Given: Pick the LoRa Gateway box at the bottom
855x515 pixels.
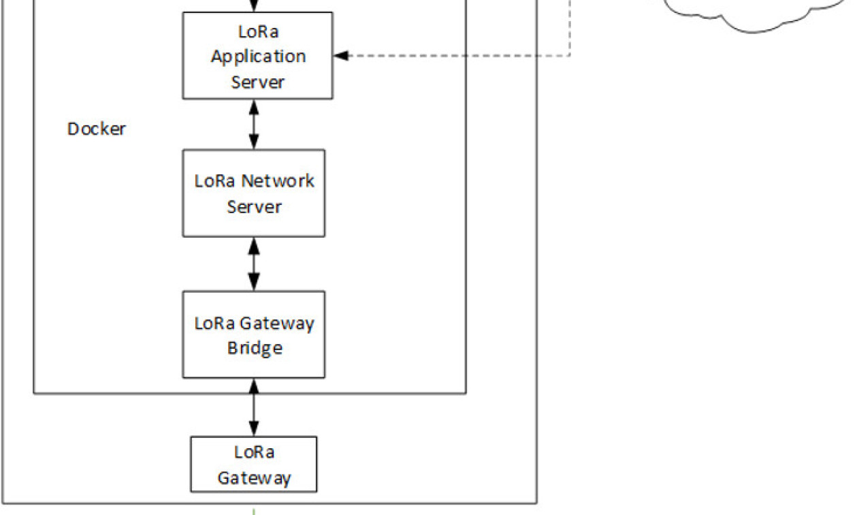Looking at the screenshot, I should tap(254, 465).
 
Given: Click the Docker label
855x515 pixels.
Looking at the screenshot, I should tap(96, 129).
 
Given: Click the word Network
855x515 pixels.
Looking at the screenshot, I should tap(278, 181).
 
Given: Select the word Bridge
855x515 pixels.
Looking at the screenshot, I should tap(254, 348).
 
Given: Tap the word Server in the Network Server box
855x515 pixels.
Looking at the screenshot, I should tap(254, 206).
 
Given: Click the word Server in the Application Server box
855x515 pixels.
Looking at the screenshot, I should tap(257, 82).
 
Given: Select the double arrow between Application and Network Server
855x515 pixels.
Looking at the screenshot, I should tap(254, 125).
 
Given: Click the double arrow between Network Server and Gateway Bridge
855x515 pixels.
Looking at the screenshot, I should tap(254, 264).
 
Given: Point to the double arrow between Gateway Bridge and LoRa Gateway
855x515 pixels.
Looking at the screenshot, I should tap(254, 407).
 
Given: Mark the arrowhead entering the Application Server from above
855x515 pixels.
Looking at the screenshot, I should tap(254, 7).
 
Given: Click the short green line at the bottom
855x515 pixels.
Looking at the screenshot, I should tap(254, 510).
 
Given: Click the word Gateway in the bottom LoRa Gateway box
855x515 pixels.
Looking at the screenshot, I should tap(254, 478).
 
